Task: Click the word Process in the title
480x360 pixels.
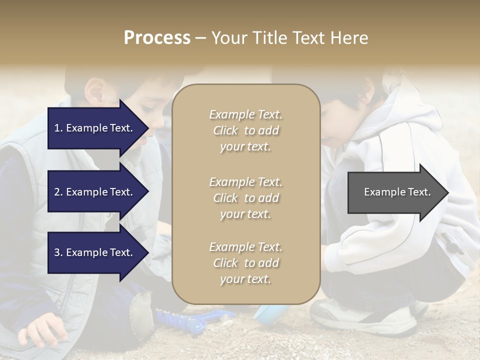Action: [157, 38]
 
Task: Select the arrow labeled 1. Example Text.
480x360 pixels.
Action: [95, 128]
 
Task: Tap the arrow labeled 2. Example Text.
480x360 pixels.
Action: [95, 192]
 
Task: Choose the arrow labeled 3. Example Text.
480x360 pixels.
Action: [95, 252]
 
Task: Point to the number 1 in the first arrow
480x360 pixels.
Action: [57, 128]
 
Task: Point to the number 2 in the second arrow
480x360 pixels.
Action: [57, 192]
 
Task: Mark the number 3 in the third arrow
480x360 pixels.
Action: [57, 252]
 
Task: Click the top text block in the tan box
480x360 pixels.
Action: [245, 130]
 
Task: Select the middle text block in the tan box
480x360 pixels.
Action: [245, 198]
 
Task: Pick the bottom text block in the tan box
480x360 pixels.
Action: [245, 263]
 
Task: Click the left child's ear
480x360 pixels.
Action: [94, 90]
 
